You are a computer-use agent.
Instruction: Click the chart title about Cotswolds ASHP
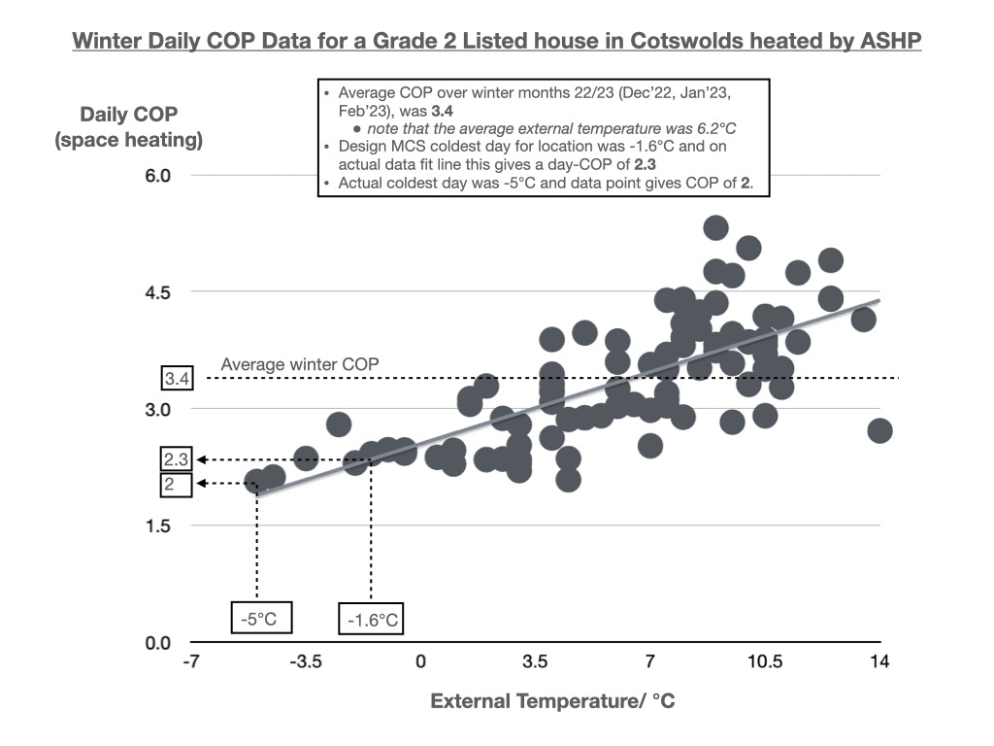497,42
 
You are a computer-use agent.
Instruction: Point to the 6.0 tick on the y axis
158,176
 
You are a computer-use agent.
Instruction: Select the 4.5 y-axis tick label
158,292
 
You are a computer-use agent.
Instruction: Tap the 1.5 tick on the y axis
158,526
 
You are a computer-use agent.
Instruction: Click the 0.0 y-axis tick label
158,643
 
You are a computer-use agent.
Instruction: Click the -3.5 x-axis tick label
305,662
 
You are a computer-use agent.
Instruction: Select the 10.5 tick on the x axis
765,662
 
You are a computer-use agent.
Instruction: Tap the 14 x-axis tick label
879,662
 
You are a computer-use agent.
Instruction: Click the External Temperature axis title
552,700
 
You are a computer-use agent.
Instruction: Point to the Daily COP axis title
129,127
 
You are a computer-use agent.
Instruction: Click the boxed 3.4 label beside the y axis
177,378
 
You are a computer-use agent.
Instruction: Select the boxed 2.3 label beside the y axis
177,459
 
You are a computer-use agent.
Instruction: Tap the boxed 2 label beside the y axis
177,484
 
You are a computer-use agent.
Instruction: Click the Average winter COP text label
300,364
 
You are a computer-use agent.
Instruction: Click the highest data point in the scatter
715,228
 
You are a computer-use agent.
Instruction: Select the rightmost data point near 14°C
879,430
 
